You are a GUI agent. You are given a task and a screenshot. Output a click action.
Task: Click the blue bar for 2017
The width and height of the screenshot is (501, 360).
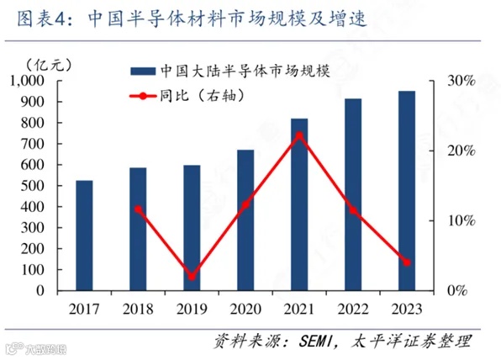[84, 236]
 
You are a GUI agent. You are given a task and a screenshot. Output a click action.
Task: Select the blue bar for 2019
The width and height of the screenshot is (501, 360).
[192, 227]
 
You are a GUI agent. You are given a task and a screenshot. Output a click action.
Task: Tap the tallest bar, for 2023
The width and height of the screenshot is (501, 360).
[406, 190]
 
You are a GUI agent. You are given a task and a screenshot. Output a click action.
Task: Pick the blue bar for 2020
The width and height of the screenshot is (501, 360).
[245, 220]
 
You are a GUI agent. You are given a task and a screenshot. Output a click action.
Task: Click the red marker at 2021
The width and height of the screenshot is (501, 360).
[299, 135]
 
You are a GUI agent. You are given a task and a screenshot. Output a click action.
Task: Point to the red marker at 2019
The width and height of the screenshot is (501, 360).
[192, 276]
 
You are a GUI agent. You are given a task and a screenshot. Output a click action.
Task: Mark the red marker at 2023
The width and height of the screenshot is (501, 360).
[406, 262]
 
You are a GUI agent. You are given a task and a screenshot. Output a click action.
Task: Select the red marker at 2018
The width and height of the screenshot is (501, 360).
[138, 209]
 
